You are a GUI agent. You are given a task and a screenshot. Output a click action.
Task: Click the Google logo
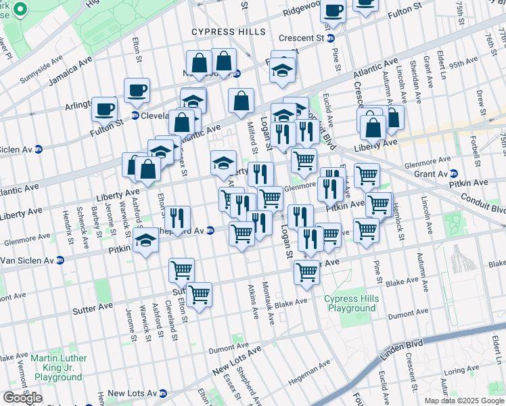tap(22, 397)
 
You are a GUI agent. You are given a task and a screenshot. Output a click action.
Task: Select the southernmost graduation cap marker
tap(145, 240)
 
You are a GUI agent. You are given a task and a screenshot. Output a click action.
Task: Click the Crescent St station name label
tap(298, 38)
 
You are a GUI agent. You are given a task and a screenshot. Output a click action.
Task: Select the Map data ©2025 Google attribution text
tap(463, 401)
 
